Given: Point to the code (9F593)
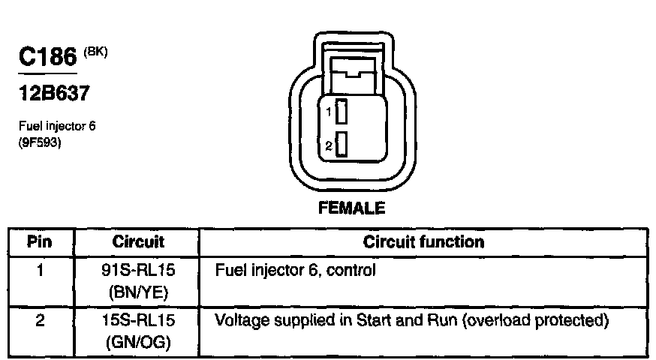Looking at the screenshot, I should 39,140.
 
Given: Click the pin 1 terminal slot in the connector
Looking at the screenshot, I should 341,112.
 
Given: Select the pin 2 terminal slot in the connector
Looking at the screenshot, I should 341,145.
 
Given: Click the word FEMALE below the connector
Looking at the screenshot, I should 351,208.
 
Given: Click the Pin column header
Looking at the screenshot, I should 40,242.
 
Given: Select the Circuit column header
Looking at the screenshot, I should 138,242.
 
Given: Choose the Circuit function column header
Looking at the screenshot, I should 423,242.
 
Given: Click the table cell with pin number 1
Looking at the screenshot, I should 40,269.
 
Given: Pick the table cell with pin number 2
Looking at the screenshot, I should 40,322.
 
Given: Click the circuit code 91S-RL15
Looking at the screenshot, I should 138,270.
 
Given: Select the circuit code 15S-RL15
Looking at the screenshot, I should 138,322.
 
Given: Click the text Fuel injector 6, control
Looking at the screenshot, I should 295,270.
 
